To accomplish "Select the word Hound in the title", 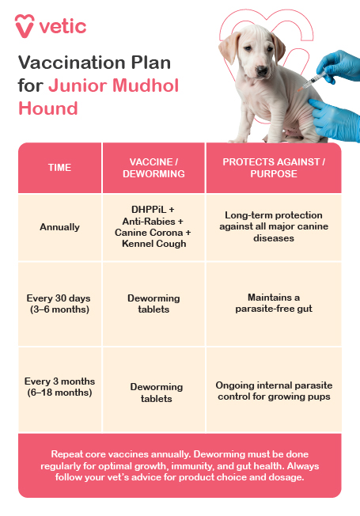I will [48, 108].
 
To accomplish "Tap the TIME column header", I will [59, 168].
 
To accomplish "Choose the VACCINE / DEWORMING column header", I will [153, 168].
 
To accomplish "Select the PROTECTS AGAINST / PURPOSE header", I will [273, 168].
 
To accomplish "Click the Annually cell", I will [59, 227].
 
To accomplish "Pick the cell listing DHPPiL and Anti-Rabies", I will [153, 226].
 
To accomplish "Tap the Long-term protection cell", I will [273, 226].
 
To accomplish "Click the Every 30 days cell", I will [59, 303].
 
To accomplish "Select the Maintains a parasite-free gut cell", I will [273, 303].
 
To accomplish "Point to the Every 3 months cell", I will [59, 386].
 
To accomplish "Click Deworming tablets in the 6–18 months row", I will [153, 393].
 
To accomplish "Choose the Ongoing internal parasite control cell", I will [273, 391].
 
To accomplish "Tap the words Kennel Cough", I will [153, 244].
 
